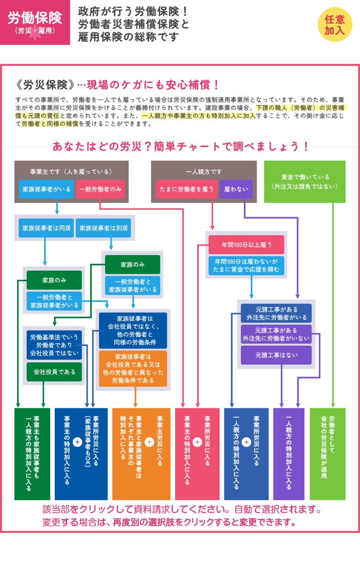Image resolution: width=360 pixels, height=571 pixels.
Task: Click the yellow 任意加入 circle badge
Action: tap(335, 25)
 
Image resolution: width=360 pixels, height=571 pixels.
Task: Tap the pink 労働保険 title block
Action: tap(35, 23)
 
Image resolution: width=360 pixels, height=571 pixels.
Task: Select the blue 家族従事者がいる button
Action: tap(46, 189)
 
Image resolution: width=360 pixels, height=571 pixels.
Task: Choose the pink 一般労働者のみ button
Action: tap(100, 189)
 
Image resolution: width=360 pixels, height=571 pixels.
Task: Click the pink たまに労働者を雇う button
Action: tap(186, 189)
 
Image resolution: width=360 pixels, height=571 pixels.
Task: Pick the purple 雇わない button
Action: tap(236, 189)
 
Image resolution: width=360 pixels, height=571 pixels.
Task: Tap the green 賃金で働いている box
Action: tap(305, 182)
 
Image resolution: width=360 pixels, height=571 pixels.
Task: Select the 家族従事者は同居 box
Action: tap(46, 228)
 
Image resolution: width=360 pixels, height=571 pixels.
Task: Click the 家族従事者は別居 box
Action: tap(104, 228)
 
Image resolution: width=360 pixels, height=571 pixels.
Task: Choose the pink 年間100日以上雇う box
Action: tap(246, 245)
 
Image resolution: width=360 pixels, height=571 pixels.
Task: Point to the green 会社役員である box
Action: tap(54, 372)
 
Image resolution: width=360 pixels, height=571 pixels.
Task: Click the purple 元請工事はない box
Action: tap(276, 355)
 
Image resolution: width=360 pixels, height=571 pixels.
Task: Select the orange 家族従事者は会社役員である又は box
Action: tap(133, 368)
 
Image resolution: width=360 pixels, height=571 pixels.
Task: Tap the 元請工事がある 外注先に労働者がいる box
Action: tap(276, 313)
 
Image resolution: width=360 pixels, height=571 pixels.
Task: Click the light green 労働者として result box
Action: tap(327, 454)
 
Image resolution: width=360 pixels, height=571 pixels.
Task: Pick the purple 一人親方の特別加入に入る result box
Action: tap(289, 454)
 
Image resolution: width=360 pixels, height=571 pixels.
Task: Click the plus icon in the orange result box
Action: tap(149, 442)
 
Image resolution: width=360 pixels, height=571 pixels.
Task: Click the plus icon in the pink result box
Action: tap(197, 442)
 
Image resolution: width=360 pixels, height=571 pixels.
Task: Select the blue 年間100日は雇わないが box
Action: tap(246, 266)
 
